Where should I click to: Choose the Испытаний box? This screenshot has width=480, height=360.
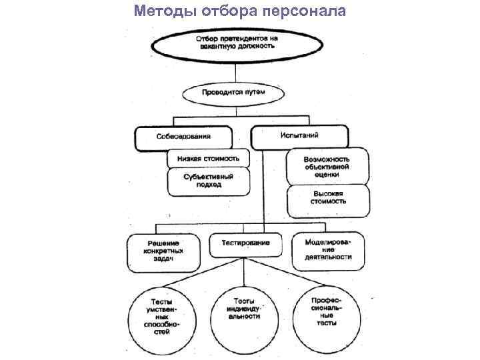299,135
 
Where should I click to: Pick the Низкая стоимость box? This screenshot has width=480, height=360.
208,159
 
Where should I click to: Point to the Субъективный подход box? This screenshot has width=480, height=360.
208,181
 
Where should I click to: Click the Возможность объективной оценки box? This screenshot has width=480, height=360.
327,167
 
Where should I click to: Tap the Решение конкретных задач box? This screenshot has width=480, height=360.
163,251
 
